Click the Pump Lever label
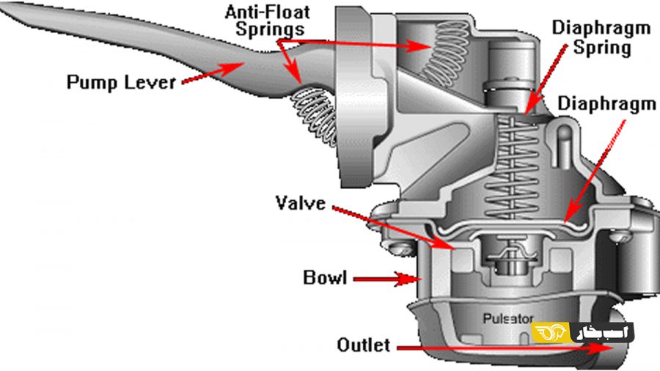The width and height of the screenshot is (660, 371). [121, 81]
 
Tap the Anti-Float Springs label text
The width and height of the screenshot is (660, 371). [268, 21]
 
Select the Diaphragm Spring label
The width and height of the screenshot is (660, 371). [601, 37]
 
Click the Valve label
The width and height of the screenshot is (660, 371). [301, 203]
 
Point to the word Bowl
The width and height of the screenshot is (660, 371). [325, 278]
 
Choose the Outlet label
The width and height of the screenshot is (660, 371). [363, 345]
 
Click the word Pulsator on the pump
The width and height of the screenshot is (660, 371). [508, 318]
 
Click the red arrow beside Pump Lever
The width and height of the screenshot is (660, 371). [213, 73]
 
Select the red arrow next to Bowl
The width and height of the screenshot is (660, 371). [386, 279]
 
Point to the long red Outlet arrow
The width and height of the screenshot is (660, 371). [505, 348]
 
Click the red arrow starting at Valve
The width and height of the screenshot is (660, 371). [394, 227]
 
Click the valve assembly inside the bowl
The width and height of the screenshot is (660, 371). [510, 257]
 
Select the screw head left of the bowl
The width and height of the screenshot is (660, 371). [397, 248]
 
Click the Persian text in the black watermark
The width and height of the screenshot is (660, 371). [602, 333]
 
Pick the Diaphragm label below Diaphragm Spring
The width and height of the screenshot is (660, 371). [607, 104]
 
